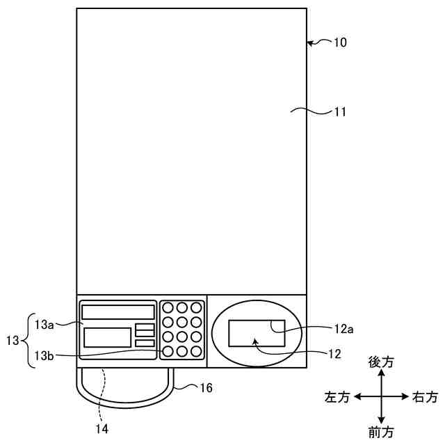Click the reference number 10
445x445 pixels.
pyautogui.click(x=339, y=42)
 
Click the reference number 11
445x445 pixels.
pyautogui.click(x=339, y=111)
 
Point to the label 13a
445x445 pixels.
pyautogui.click(x=44, y=324)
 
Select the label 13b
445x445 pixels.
pyautogui.click(x=44, y=357)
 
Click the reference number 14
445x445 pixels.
pyautogui.click(x=102, y=429)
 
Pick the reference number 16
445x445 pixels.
pyautogui.click(x=205, y=387)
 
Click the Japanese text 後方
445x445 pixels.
pyautogui.click(x=381, y=362)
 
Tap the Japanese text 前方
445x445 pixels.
pyautogui.click(x=381, y=432)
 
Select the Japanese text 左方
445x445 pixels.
pyautogui.click(x=338, y=397)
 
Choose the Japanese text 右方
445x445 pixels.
pyautogui.click(x=425, y=397)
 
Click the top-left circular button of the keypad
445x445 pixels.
pyautogui.click(x=168, y=307)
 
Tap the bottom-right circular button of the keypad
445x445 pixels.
pyautogui.click(x=197, y=351)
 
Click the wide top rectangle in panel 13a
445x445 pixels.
pyautogui.click(x=118, y=311)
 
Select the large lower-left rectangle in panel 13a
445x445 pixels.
pyautogui.click(x=107, y=337)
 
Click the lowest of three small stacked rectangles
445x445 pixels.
pyautogui.click(x=145, y=343)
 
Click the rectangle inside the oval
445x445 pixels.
pyautogui.click(x=256, y=332)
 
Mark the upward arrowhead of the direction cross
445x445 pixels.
pyautogui.click(x=381, y=373)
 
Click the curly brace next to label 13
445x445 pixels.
pyautogui.click(x=27, y=341)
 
